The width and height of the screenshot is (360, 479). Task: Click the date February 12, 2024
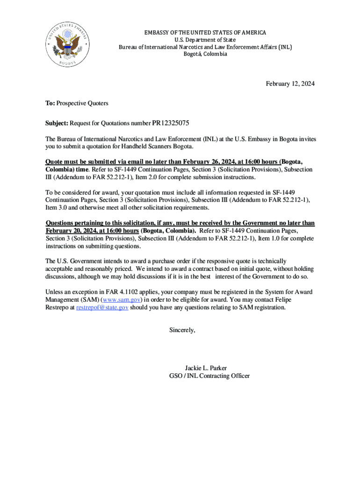(290, 84)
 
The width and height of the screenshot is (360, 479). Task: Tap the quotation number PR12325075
(171, 123)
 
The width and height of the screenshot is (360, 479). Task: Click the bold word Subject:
(57, 123)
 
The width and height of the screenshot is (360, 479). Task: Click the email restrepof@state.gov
(102, 308)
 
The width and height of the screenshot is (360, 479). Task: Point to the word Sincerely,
(182, 330)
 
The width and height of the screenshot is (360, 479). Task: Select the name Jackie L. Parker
(206, 368)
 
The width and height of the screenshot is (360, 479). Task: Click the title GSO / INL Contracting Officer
(209, 376)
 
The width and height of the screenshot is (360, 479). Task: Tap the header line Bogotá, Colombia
(205, 54)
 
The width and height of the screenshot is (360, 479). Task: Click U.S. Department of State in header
(205, 40)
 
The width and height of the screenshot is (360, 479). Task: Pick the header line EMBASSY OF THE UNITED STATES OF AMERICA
(205, 33)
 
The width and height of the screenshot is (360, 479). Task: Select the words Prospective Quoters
(82, 103)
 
